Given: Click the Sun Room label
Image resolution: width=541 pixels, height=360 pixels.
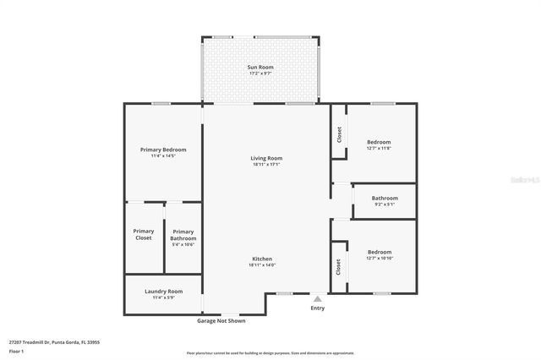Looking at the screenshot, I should [260, 67].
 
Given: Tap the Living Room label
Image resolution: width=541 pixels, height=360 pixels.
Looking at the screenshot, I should [266, 158].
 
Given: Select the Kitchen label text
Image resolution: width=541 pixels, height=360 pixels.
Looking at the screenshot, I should [262, 259].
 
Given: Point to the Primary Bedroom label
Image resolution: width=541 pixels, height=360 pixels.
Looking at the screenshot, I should [163, 150].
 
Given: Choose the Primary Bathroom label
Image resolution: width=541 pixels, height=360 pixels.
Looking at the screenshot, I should [183, 234].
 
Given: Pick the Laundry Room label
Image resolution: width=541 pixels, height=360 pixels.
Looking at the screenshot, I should [163, 291].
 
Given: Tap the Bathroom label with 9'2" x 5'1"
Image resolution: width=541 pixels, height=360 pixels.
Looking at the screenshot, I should [385, 198].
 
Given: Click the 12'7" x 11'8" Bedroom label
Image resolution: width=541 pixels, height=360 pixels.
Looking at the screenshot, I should [379, 142].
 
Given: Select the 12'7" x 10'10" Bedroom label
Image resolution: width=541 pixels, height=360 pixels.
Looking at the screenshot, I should [380, 252].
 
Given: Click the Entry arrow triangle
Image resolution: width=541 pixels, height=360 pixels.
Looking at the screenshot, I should [318, 298].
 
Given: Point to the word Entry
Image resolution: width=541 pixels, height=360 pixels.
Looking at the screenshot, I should [318, 308].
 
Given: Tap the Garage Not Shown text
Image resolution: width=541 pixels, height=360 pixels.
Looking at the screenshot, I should [221, 321].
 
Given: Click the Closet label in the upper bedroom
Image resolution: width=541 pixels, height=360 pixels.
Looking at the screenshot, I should [339, 134].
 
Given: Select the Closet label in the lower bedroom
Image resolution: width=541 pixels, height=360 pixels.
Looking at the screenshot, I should [339, 268].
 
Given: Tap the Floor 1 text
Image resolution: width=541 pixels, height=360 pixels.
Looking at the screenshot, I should [16, 351].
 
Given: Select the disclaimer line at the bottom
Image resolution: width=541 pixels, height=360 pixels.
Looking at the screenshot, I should [270, 353].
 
